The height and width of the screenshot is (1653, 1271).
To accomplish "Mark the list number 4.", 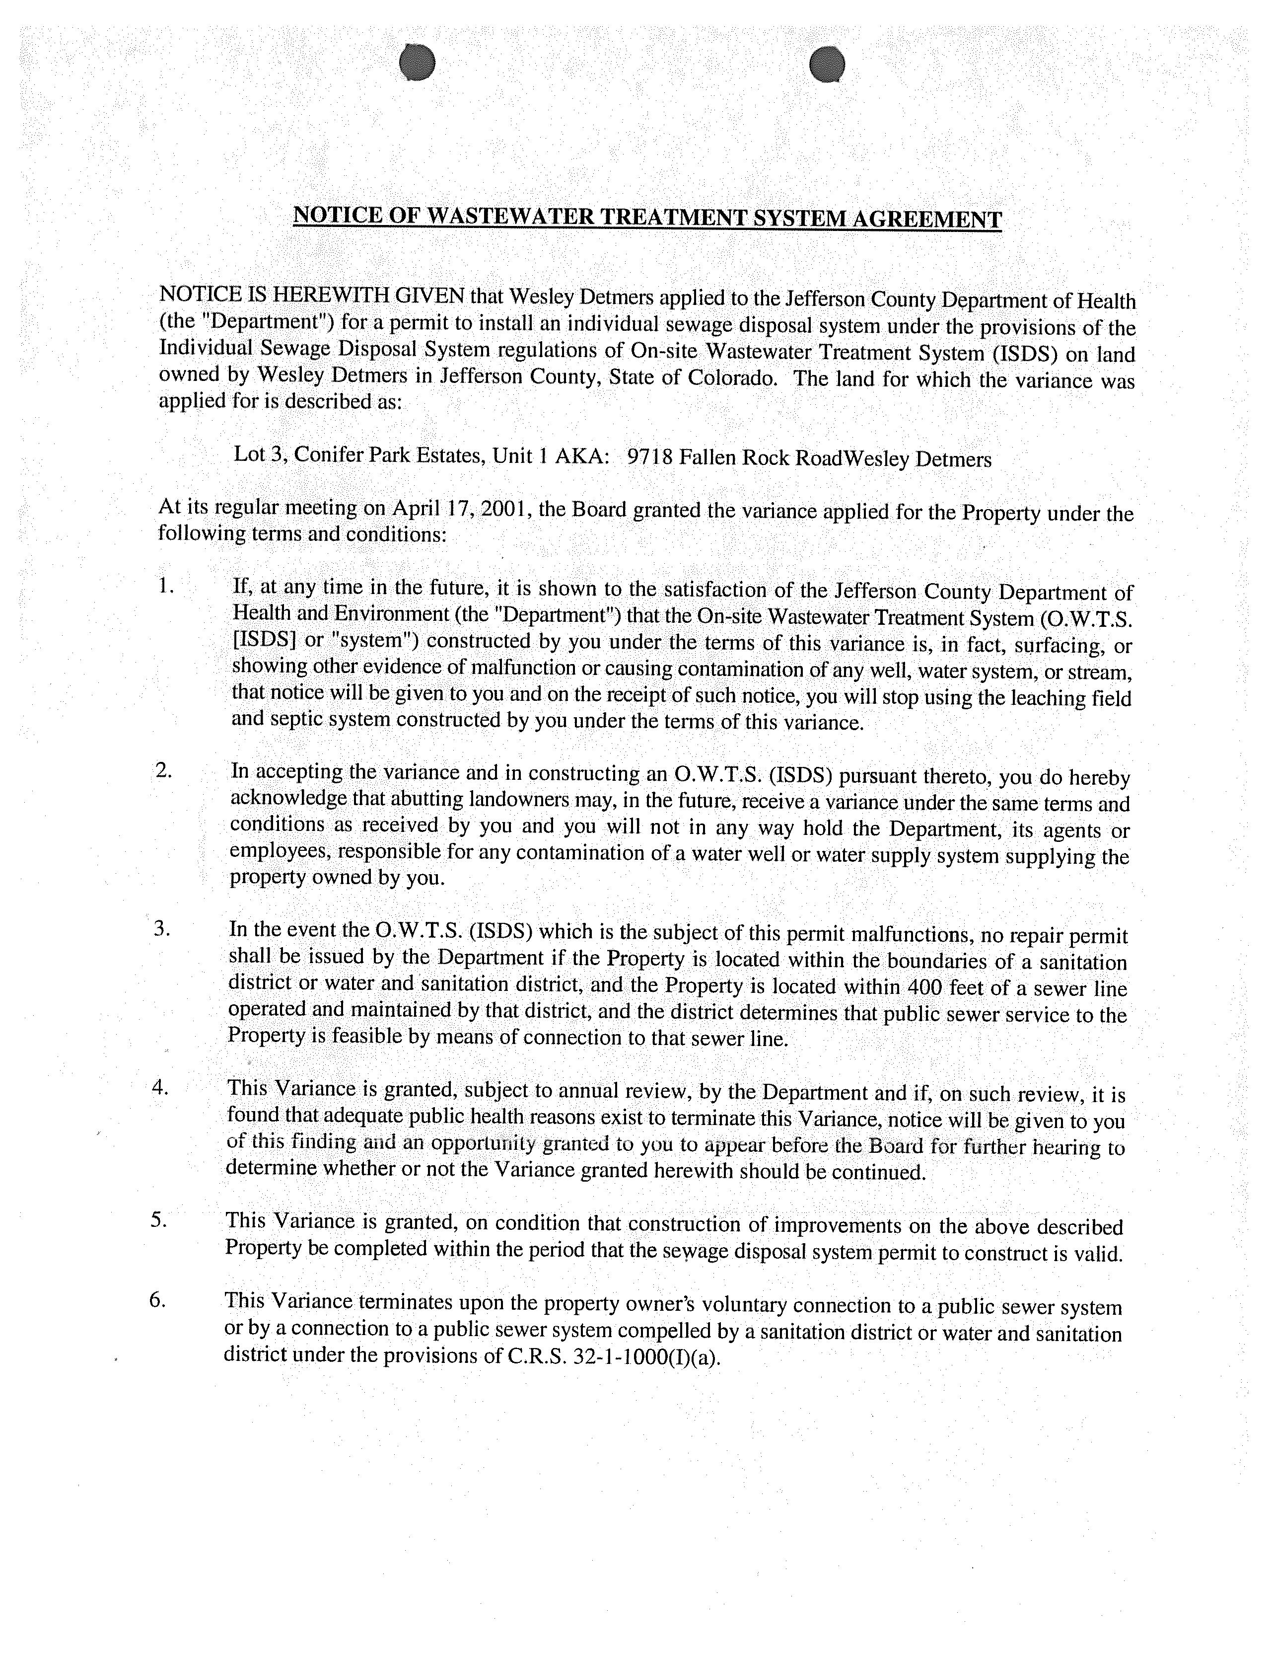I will [160, 1087].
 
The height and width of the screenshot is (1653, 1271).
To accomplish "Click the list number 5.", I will [158, 1219].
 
